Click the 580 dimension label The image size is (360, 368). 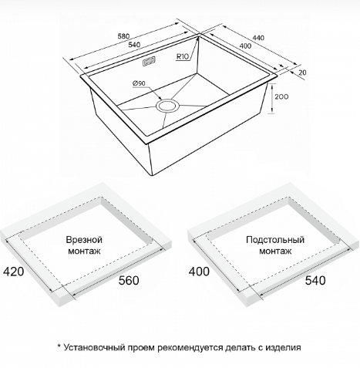123,36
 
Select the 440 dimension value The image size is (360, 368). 258,38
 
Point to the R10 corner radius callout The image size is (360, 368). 183,56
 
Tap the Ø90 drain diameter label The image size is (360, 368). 139,83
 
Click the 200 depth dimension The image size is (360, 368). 281,96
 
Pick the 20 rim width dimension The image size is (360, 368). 303,73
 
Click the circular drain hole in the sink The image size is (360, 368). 167,106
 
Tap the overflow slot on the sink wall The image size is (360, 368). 150,62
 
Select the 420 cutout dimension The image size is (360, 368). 13,272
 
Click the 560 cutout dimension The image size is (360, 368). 129,280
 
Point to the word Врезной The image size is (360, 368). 84,240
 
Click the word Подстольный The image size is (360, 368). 275,240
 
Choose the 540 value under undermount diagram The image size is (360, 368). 315,280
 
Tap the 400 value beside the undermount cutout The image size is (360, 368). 199,272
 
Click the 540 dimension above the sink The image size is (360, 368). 134,45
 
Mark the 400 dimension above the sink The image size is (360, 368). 245,46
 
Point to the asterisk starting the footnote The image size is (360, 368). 59,346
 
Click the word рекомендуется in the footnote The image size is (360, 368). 190,348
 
